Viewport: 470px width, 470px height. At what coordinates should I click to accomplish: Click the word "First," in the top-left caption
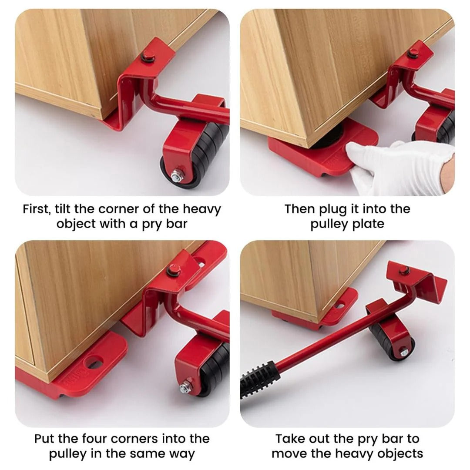click(36, 209)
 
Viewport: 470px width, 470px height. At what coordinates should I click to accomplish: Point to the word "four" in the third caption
click(96, 439)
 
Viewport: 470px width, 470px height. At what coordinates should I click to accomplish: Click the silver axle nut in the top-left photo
click(177, 177)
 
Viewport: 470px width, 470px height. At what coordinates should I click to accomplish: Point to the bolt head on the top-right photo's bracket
click(413, 53)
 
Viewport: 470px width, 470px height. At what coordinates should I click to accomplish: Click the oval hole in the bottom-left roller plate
click(94, 362)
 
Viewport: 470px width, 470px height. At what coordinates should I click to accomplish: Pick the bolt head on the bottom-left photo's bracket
click(172, 270)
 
